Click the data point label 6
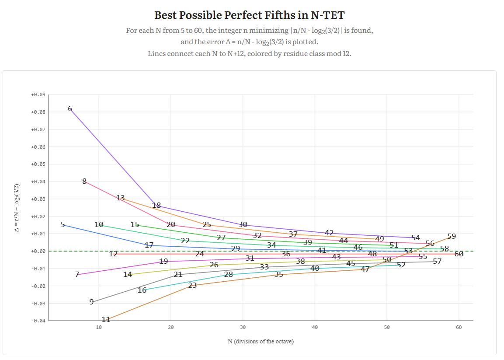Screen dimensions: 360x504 coord(70,109)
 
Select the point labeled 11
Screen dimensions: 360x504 coord(106,319)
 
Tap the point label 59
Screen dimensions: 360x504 coord(452,236)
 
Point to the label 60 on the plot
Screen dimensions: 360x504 coord(459,254)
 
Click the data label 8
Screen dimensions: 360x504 coord(84,181)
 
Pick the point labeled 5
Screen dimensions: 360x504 coord(63,225)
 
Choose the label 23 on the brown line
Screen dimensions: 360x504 coord(192,285)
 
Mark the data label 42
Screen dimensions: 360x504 coord(329,233)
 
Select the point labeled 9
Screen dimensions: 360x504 coord(91,302)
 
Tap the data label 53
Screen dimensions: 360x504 coord(408,251)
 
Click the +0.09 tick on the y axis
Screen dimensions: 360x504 coord(38,94)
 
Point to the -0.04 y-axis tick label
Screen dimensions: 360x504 coord(38,321)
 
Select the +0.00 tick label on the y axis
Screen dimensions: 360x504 coord(38,251)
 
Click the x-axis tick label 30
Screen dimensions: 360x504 coord(243,327)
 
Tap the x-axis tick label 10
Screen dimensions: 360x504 coord(99,327)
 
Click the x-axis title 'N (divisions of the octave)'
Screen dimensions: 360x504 coord(261,341)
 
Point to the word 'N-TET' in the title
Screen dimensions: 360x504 coord(328,15)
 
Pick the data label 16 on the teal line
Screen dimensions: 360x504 coord(142,290)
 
